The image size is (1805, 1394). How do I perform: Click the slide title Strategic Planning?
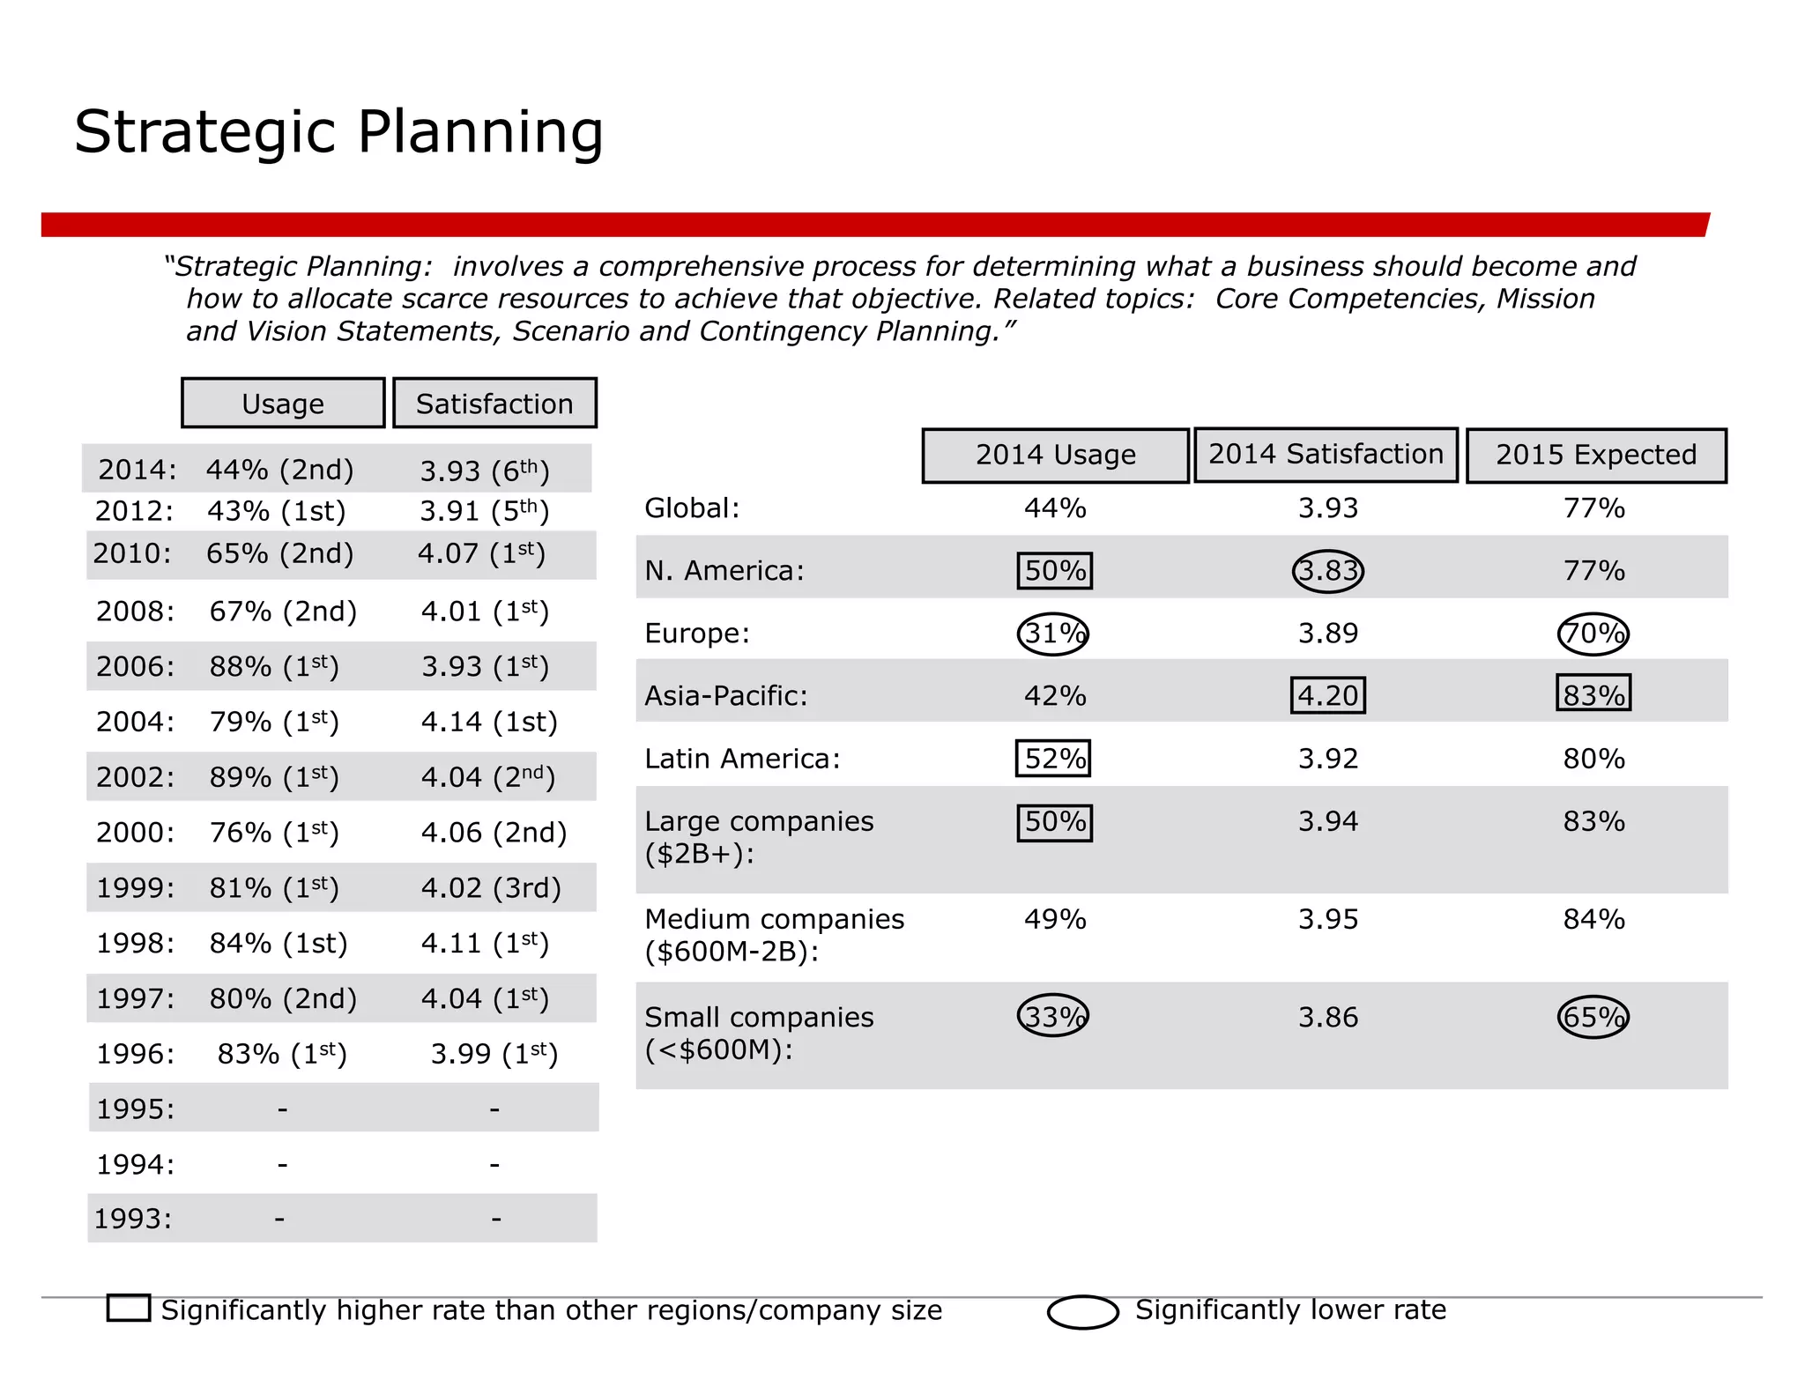point(338,132)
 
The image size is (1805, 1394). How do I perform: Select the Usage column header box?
point(283,404)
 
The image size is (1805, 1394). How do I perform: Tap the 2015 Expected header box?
point(1595,455)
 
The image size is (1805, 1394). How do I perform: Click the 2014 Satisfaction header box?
point(1326,455)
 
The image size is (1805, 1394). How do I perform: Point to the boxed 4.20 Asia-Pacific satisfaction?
point(1327,695)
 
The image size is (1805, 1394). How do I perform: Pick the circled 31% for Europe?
point(1053,634)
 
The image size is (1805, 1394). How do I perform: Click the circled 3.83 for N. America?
point(1327,571)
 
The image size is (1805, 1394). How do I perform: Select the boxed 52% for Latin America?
point(1053,759)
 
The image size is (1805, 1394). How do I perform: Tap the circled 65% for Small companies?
point(1593,1017)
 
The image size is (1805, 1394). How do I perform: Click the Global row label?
point(692,508)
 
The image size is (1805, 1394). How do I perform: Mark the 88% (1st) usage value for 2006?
point(273,666)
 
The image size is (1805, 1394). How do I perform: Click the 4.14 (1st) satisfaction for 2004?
point(489,722)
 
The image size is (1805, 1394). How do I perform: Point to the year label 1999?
point(135,887)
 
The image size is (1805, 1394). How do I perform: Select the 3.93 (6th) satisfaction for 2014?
point(484,471)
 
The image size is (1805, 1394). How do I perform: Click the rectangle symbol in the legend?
point(129,1308)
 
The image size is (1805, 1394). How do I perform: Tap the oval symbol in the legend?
point(1082,1312)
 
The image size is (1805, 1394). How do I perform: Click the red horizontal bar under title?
point(874,225)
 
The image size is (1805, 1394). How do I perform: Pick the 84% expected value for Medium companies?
point(1593,919)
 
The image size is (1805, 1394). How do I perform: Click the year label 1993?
point(133,1219)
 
